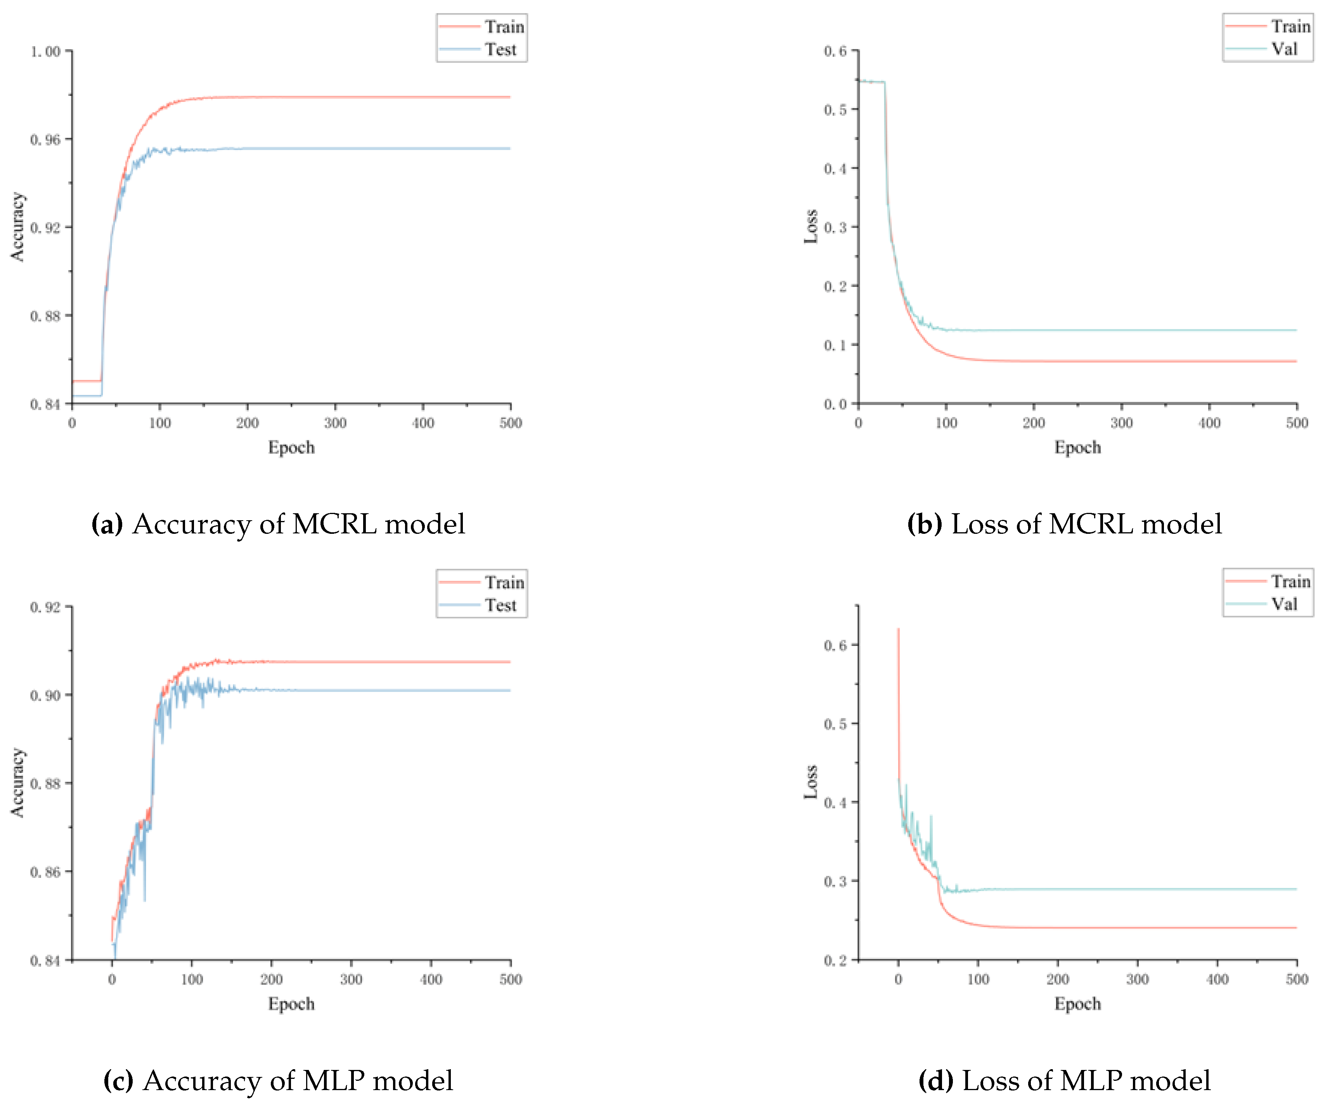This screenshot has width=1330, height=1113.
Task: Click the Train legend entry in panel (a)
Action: [504, 27]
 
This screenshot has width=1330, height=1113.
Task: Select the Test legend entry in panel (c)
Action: [500, 605]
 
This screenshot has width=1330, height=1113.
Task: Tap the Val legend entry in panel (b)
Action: [1284, 49]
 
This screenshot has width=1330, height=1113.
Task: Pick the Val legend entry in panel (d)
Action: [1284, 604]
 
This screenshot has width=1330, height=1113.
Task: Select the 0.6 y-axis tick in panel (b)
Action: [835, 51]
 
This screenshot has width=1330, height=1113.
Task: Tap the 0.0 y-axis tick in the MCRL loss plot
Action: [835, 404]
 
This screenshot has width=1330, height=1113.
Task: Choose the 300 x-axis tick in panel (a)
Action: [335, 423]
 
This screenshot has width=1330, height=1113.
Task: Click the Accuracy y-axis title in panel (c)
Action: [17, 782]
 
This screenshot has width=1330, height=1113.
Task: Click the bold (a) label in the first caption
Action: [107, 524]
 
